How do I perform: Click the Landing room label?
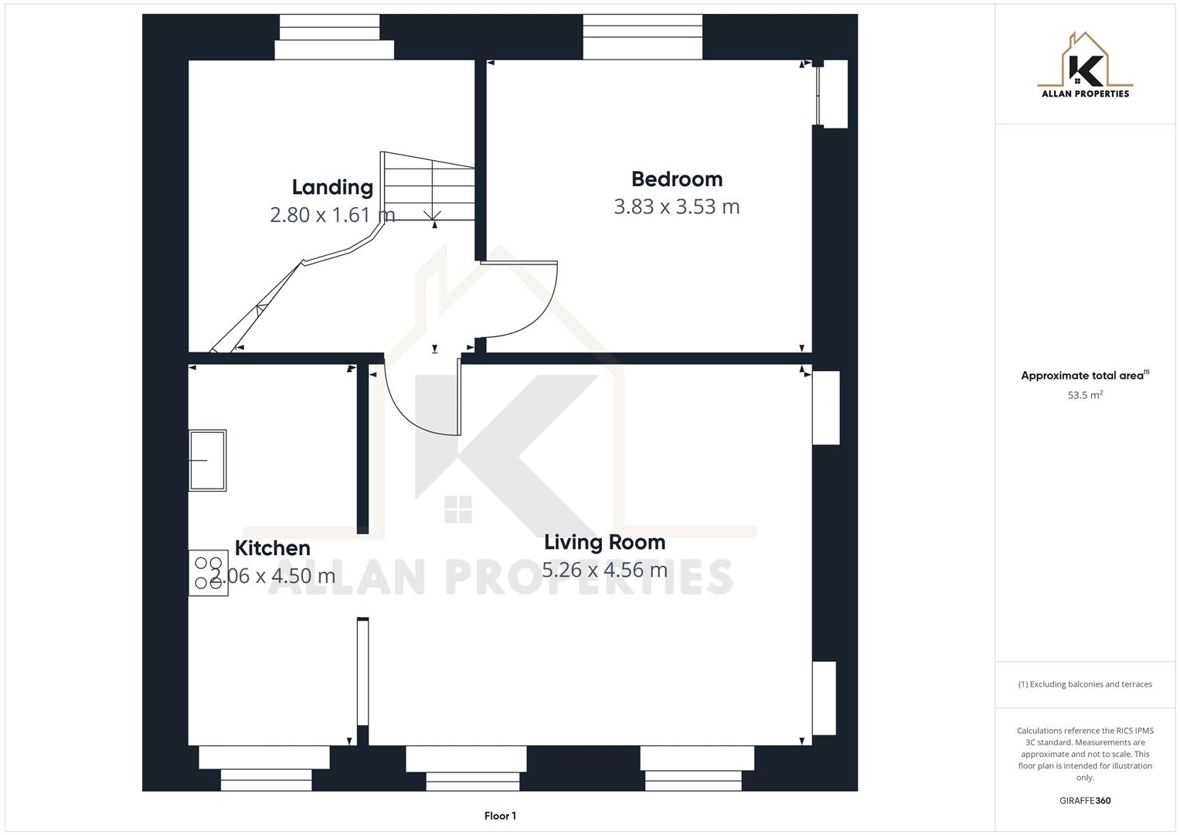click(332, 187)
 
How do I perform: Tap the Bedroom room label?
click(677, 179)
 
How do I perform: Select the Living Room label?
click(604, 543)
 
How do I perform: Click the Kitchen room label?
click(272, 548)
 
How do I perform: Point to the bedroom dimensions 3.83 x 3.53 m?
click(677, 207)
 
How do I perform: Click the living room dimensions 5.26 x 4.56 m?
click(604, 571)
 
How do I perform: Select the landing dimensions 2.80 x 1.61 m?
click(332, 215)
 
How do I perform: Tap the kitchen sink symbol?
click(208, 461)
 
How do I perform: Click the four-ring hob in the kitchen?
click(209, 573)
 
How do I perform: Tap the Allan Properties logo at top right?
click(1085, 66)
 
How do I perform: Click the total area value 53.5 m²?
click(1085, 395)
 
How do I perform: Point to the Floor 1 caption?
click(500, 816)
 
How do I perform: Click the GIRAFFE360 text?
click(1085, 801)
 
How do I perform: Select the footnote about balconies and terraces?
click(1085, 684)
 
